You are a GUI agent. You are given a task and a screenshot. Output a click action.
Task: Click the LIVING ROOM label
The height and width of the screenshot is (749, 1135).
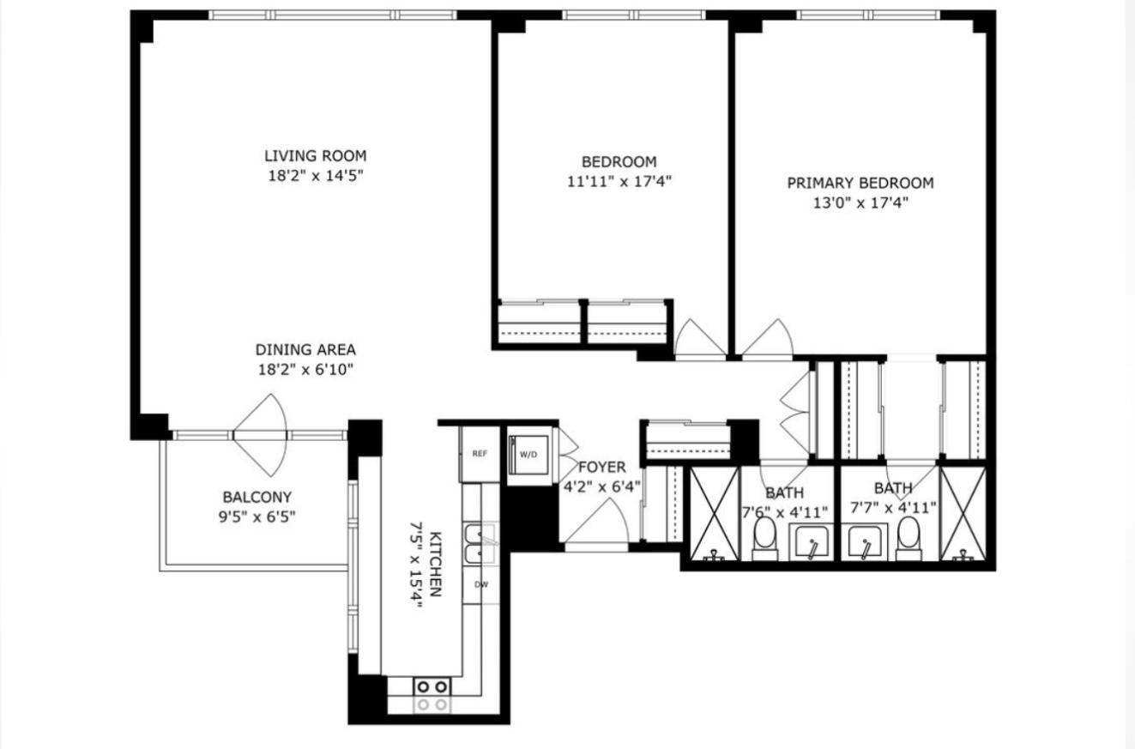[x=315, y=156]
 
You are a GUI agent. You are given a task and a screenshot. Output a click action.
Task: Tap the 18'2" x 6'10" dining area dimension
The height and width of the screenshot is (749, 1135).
[x=305, y=370]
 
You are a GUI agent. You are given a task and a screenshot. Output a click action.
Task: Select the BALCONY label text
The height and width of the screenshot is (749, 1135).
[x=257, y=497]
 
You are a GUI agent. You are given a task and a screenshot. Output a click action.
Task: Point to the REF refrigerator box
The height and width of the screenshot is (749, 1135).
[x=480, y=454]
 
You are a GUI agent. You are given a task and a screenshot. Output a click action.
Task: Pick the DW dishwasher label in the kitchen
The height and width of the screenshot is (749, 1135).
[x=481, y=585]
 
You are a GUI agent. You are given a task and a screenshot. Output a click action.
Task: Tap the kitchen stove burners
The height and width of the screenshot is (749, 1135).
[x=432, y=686]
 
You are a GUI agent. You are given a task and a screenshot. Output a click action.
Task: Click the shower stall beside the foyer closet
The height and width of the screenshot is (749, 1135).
[x=714, y=514]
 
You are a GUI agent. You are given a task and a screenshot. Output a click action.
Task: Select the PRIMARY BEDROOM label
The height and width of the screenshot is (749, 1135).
[x=860, y=183]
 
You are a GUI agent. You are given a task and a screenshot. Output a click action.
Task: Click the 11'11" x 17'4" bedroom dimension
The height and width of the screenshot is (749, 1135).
[x=619, y=181]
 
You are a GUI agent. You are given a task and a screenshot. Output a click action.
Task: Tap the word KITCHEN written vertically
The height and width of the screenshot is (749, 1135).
[x=436, y=564]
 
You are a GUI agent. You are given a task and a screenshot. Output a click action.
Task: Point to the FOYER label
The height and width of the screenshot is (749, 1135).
[x=601, y=468]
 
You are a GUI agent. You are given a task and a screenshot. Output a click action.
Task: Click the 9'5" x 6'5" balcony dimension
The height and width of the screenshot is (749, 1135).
[x=257, y=516]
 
